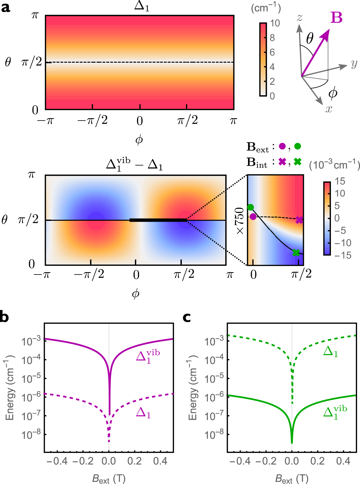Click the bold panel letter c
(187, 317)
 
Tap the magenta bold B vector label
(336, 18)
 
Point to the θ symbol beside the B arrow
(310, 39)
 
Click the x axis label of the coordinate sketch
(329, 109)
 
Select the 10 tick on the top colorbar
(275, 23)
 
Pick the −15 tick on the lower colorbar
(343, 256)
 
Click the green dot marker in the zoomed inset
(250, 207)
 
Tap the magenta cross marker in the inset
(299, 220)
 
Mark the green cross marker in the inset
(296, 252)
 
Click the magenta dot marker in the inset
(253, 217)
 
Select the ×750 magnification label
(240, 221)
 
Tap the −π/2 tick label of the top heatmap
(93, 121)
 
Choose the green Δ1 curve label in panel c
(330, 352)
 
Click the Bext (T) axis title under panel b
(109, 479)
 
